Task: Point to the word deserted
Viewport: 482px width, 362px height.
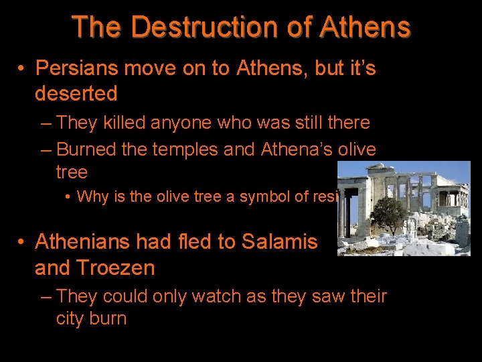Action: (x=76, y=93)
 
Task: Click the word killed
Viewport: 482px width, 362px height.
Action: (x=126, y=123)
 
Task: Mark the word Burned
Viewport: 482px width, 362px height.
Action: (x=86, y=149)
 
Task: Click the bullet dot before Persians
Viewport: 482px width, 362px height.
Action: (x=22, y=68)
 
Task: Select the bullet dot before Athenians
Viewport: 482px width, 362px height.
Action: (x=22, y=242)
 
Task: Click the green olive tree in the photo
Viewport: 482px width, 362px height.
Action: (x=388, y=215)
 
